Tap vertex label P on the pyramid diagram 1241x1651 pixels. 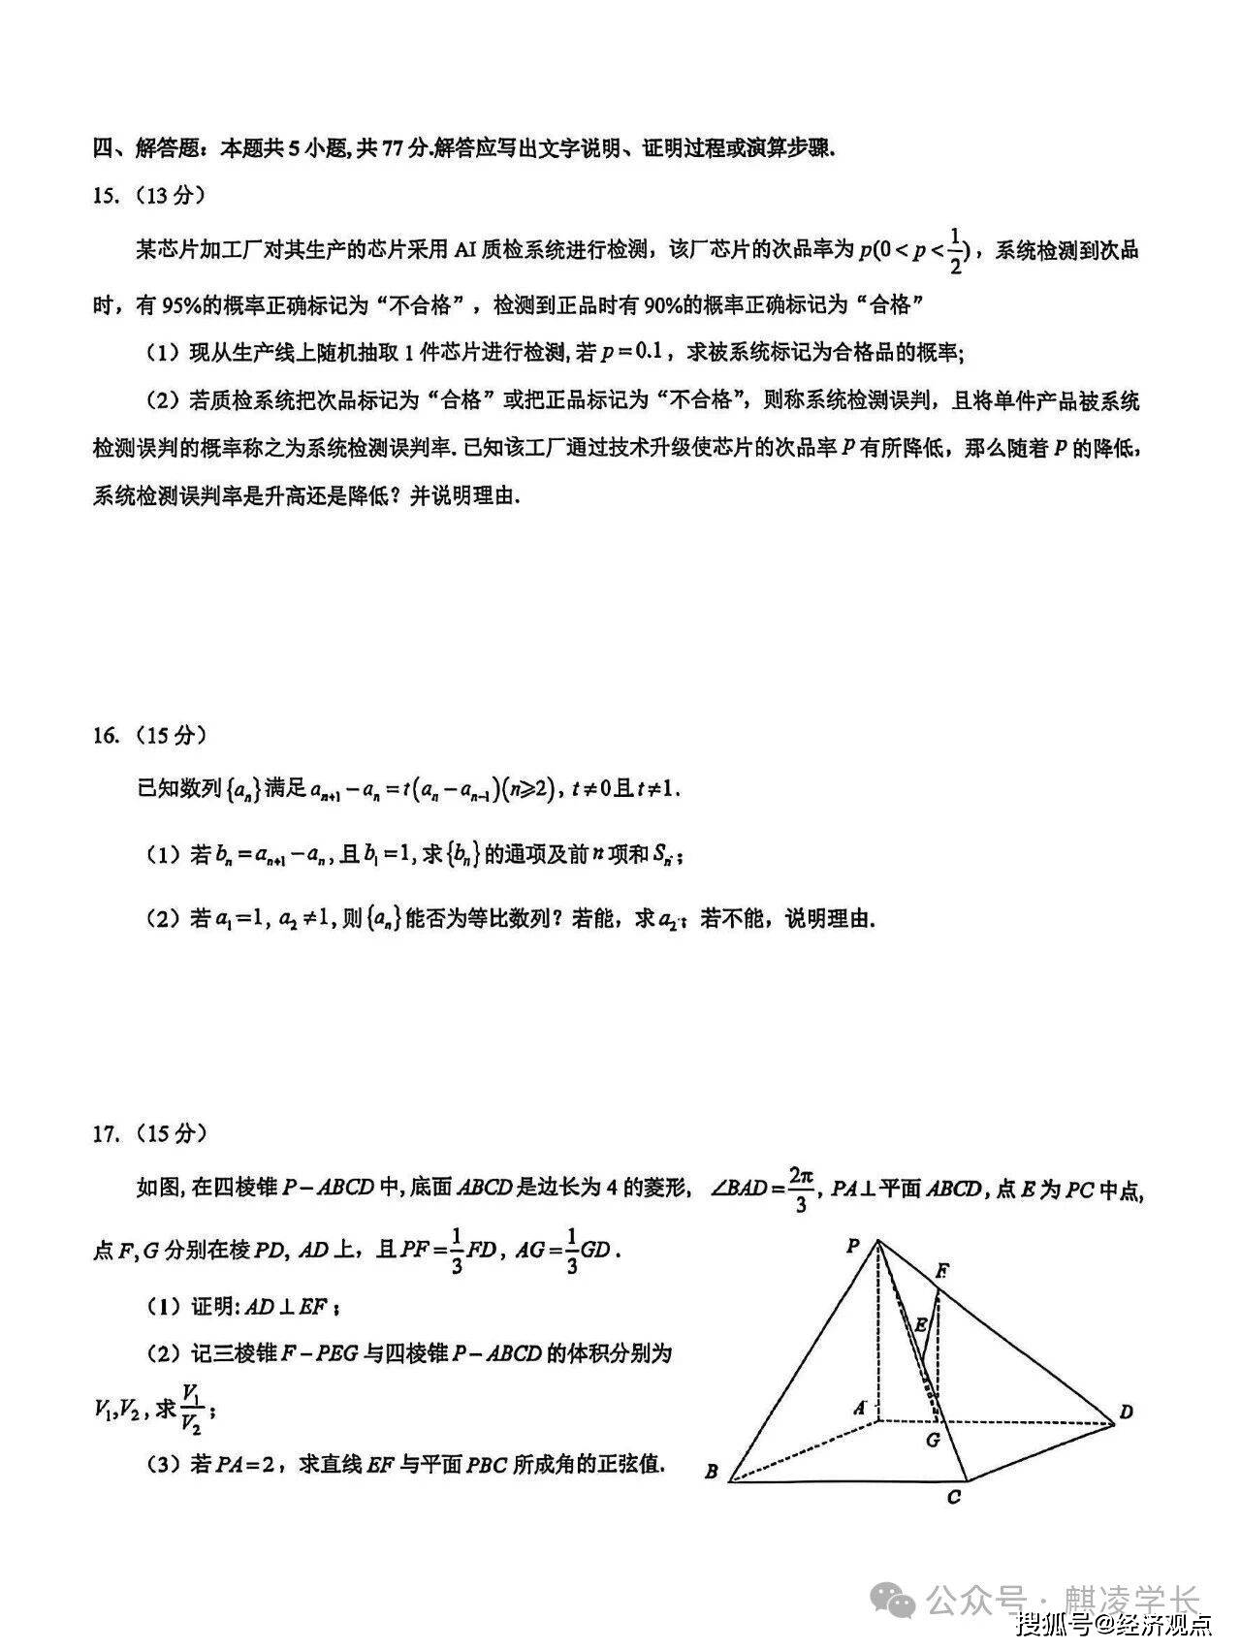click(x=853, y=1246)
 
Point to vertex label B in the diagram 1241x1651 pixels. click(x=711, y=1472)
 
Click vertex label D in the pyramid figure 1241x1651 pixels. click(x=1126, y=1413)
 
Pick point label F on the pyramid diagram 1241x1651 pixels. click(x=941, y=1270)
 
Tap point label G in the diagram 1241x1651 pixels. click(x=932, y=1440)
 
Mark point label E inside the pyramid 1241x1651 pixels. click(x=920, y=1324)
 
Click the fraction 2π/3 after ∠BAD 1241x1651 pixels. click(x=800, y=1189)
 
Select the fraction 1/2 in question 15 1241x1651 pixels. click(x=956, y=250)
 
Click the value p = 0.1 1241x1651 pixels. click(x=631, y=352)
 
